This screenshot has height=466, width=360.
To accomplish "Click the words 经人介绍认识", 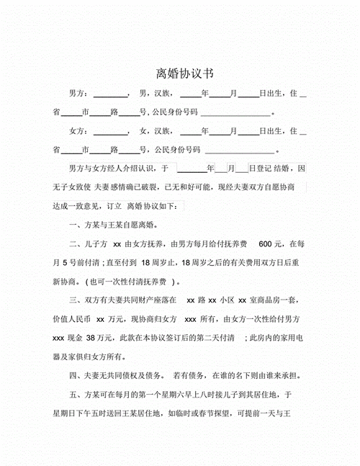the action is pyautogui.click(x=134, y=169).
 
